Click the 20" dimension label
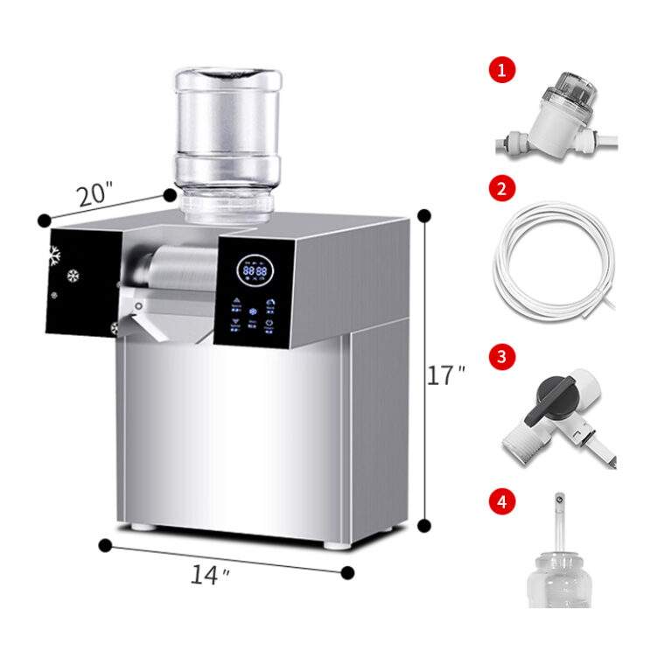[x=94, y=194]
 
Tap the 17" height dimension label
[x=444, y=376]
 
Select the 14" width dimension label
[x=211, y=574]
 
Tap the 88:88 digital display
[x=255, y=272]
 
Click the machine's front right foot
[x=337, y=543]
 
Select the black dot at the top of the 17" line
[x=425, y=215]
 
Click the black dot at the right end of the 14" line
[x=347, y=573]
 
